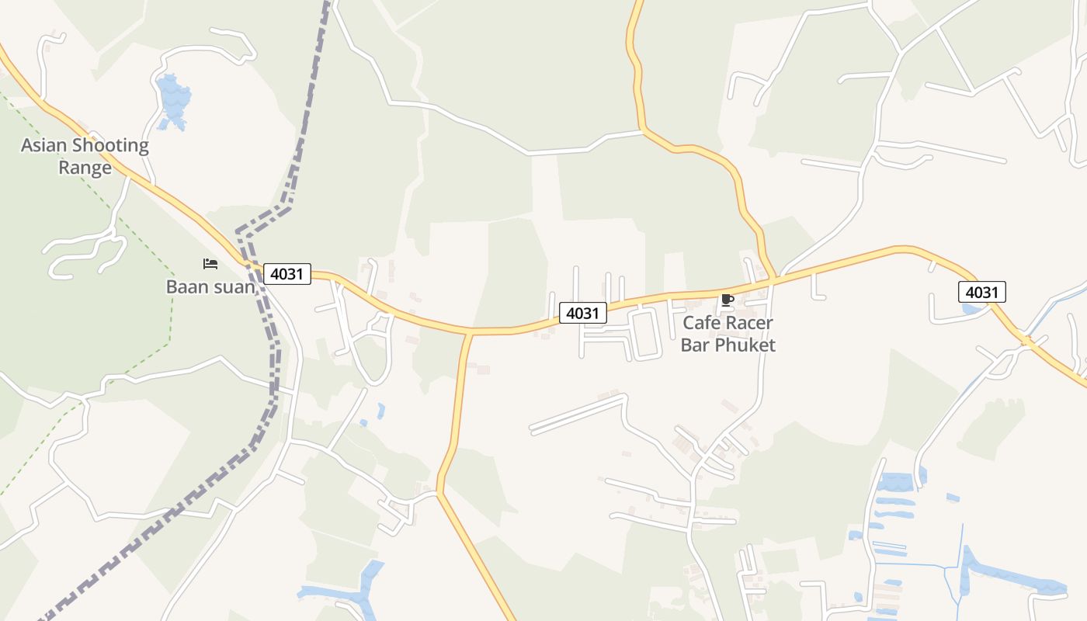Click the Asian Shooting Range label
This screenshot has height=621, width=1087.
tap(85, 156)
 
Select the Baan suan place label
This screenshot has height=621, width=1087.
tap(210, 286)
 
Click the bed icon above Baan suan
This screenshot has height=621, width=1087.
tap(210, 265)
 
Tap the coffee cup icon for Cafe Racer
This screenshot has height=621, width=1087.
tap(728, 300)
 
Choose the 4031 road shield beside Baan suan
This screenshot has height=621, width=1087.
tap(287, 273)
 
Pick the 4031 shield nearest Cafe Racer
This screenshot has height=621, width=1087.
tap(583, 313)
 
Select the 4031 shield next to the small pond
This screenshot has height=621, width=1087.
tap(982, 292)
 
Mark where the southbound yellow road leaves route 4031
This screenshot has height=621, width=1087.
tap(469, 333)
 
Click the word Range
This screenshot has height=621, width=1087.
tap(85, 168)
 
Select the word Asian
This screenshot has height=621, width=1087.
tap(44, 145)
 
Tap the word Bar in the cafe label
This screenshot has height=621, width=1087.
tap(696, 345)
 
